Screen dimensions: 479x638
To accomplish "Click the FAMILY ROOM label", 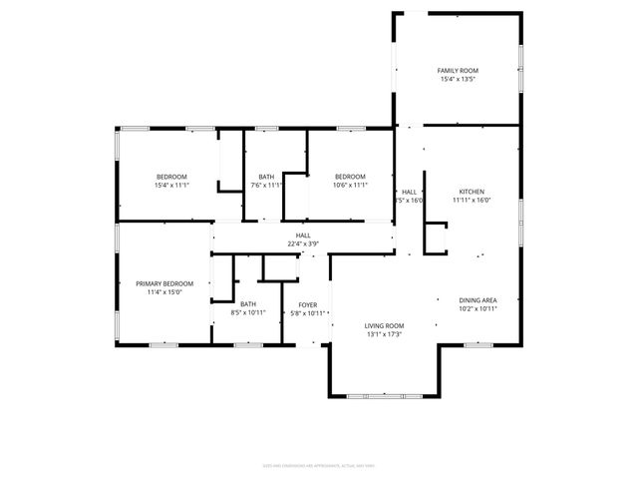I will pos(458,70).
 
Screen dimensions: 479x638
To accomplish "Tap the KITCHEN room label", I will pos(472,192).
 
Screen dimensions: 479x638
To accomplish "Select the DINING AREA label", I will pos(478,300).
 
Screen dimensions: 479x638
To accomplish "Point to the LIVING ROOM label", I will pos(384,325).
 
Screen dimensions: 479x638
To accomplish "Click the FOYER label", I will pos(307,304).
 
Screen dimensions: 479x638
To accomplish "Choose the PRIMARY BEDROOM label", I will pos(164,283).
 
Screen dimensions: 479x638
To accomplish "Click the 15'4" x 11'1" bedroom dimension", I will pos(171,185).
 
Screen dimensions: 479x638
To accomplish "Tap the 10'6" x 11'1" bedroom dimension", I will pos(350,185).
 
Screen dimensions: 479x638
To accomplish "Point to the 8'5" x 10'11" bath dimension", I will pos(247,313).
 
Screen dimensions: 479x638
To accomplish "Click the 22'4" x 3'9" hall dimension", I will pos(302,243).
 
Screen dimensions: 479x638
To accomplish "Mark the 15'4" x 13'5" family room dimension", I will pos(458,79).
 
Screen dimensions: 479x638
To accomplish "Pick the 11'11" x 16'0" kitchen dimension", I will pos(472,201).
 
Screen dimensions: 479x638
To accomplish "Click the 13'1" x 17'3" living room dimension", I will pos(384,334).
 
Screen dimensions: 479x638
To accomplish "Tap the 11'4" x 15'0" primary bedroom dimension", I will pos(164,292).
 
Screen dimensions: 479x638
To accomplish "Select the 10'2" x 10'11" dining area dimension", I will pos(478,309).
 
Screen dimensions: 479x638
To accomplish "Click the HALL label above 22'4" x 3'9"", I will pos(302,235).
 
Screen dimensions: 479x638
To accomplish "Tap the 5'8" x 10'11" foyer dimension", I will pos(307,313).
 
